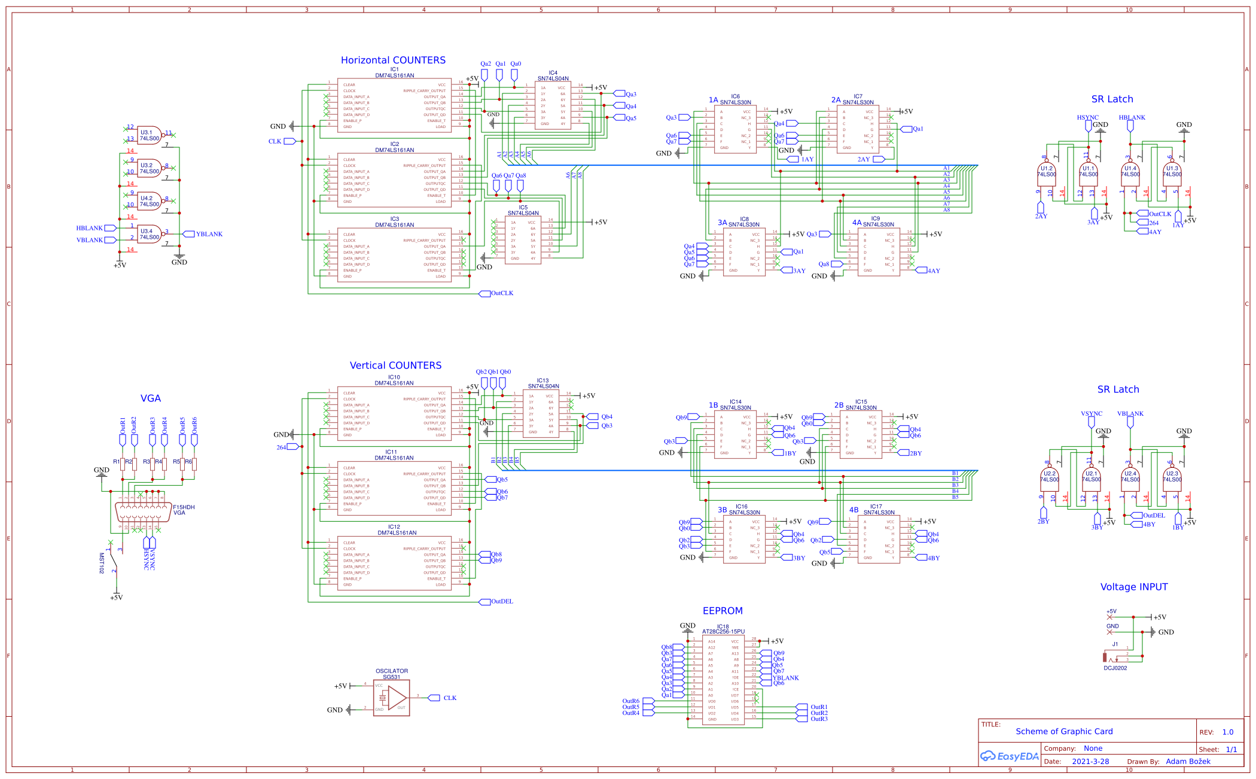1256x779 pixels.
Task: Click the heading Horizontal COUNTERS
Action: (393, 60)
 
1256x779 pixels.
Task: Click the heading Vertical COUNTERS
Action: (395, 366)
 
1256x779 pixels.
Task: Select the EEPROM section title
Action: (722, 611)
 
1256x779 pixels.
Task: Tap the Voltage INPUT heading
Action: (1133, 587)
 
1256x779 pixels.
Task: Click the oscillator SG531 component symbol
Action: (392, 698)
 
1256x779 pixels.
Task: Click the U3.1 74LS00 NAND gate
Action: (150, 136)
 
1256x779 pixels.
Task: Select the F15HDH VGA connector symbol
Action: (142, 512)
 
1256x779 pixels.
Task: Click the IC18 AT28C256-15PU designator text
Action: (723, 629)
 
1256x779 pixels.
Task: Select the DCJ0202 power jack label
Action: (1115, 668)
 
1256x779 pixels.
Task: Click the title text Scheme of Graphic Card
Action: (1064, 731)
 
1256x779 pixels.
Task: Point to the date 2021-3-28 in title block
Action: (1090, 762)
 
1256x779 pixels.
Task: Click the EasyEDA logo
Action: (1009, 756)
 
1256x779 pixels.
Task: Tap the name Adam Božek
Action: (1188, 762)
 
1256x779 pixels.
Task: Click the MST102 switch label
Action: (102, 563)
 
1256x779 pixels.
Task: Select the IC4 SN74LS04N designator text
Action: (553, 76)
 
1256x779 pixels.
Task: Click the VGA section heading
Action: (150, 398)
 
